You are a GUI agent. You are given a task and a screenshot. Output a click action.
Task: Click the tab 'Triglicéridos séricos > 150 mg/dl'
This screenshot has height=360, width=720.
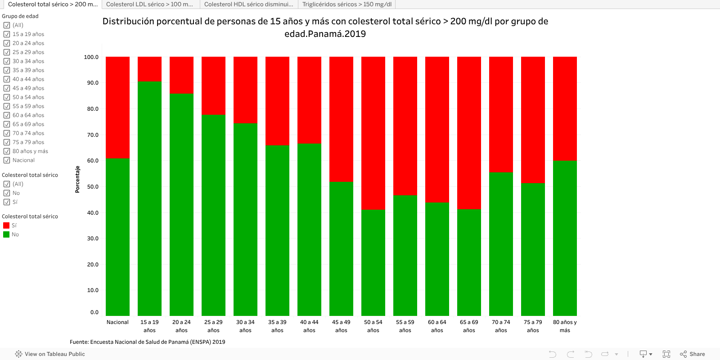(x=346, y=4)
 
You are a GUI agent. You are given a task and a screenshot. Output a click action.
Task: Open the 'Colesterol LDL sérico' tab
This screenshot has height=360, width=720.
(x=149, y=4)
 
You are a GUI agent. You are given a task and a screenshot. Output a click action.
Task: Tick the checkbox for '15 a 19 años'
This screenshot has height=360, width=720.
(x=7, y=34)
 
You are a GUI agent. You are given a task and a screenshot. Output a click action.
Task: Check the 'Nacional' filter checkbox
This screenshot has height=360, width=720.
(x=7, y=160)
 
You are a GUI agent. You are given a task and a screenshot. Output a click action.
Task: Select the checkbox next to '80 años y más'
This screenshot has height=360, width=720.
(x=7, y=151)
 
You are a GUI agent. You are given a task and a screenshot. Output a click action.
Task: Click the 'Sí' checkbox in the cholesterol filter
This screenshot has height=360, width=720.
(x=7, y=202)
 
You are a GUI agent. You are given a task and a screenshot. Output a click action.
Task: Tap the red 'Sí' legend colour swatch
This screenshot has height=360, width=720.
(x=6, y=225)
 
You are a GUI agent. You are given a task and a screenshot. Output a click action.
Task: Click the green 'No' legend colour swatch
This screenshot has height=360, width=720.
(x=6, y=234)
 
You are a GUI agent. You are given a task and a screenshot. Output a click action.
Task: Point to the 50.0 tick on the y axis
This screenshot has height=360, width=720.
(x=93, y=187)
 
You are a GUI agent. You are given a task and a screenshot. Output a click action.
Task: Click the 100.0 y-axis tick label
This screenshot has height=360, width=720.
(x=91, y=57)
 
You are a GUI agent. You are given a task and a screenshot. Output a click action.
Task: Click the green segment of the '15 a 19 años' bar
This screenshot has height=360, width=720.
(x=149, y=198)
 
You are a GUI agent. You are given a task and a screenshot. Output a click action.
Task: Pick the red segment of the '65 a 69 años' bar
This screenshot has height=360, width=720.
(x=469, y=133)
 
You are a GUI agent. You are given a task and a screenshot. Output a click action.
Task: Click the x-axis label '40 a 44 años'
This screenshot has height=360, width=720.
(x=309, y=326)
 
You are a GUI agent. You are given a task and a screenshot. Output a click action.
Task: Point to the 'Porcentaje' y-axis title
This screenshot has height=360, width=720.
(x=77, y=179)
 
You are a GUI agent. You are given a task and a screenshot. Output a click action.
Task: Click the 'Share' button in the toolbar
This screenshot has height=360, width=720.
(x=693, y=354)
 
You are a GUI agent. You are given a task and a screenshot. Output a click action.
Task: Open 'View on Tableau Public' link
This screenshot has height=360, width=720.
(x=50, y=354)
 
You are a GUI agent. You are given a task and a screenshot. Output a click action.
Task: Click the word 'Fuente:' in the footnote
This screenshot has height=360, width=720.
(x=79, y=342)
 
